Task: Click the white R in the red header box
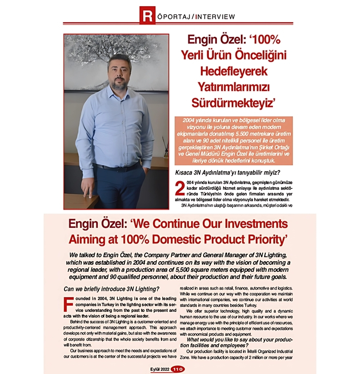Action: point(147,16)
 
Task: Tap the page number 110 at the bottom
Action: point(178,369)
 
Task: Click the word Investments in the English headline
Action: point(245,223)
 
